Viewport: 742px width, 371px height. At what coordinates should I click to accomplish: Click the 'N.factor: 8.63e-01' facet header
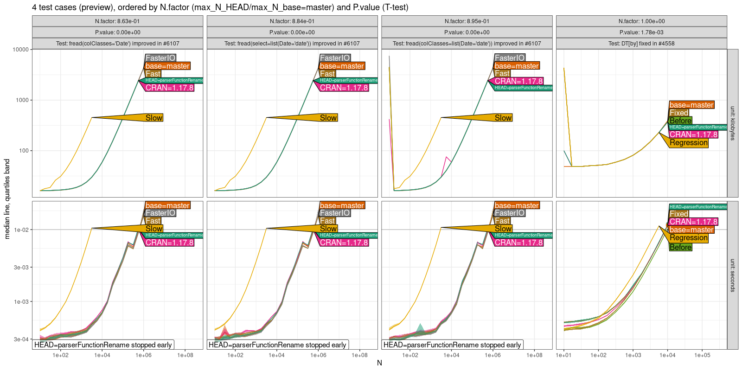117,21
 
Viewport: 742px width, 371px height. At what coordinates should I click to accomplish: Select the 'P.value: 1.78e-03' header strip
641,32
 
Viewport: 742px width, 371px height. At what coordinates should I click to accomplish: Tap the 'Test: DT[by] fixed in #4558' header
641,44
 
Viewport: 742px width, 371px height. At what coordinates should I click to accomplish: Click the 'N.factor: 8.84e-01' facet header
292,21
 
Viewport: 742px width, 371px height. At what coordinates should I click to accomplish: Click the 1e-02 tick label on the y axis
21,230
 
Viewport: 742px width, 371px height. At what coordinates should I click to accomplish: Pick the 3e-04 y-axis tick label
21,339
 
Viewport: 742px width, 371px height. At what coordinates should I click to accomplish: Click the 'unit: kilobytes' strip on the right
733,123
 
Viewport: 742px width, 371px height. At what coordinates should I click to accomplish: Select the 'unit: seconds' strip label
733,275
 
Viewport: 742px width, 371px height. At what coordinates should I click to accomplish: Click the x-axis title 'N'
379,363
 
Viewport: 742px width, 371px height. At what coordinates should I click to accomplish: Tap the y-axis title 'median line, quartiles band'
7,199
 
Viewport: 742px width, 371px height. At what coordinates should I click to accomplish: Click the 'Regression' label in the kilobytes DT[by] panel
689,143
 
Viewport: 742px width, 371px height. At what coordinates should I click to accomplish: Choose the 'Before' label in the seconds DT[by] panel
680,248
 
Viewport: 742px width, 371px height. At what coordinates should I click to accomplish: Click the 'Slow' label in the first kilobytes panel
154,118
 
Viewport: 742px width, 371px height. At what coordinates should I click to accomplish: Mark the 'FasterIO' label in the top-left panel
160,58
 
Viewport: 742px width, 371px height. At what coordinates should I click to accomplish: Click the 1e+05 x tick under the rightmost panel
702,356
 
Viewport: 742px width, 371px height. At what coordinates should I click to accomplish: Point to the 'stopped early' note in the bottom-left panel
103,345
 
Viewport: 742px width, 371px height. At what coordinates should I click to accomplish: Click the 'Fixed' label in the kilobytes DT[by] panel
679,113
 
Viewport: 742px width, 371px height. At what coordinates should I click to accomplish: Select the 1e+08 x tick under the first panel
185,356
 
